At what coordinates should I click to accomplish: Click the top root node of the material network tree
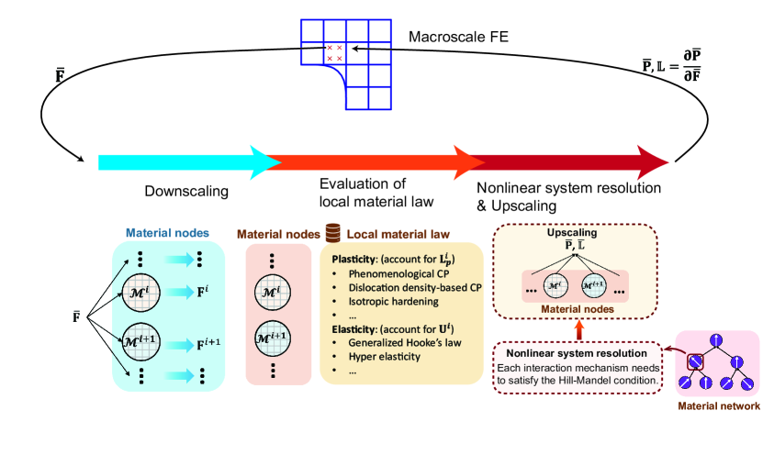(718, 343)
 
